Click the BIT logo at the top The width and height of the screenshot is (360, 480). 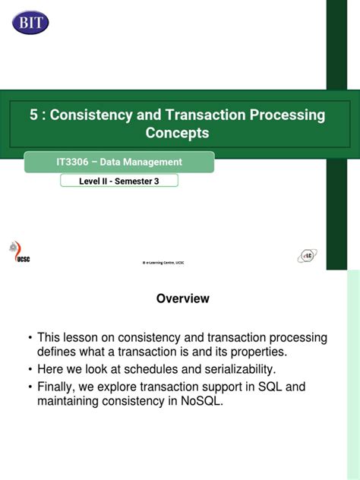(30, 21)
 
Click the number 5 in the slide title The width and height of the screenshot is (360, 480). (33, 115)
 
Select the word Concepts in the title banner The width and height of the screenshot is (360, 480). (177, 133)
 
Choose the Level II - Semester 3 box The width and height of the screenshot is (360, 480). (118, 181)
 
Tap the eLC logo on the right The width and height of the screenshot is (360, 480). (307, 256)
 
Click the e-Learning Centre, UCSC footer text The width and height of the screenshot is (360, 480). (164, 263)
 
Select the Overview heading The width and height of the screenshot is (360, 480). (182, 299)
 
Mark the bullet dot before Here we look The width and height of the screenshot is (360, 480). (30, 370)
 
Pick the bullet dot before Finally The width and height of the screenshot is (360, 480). (30, 387)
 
